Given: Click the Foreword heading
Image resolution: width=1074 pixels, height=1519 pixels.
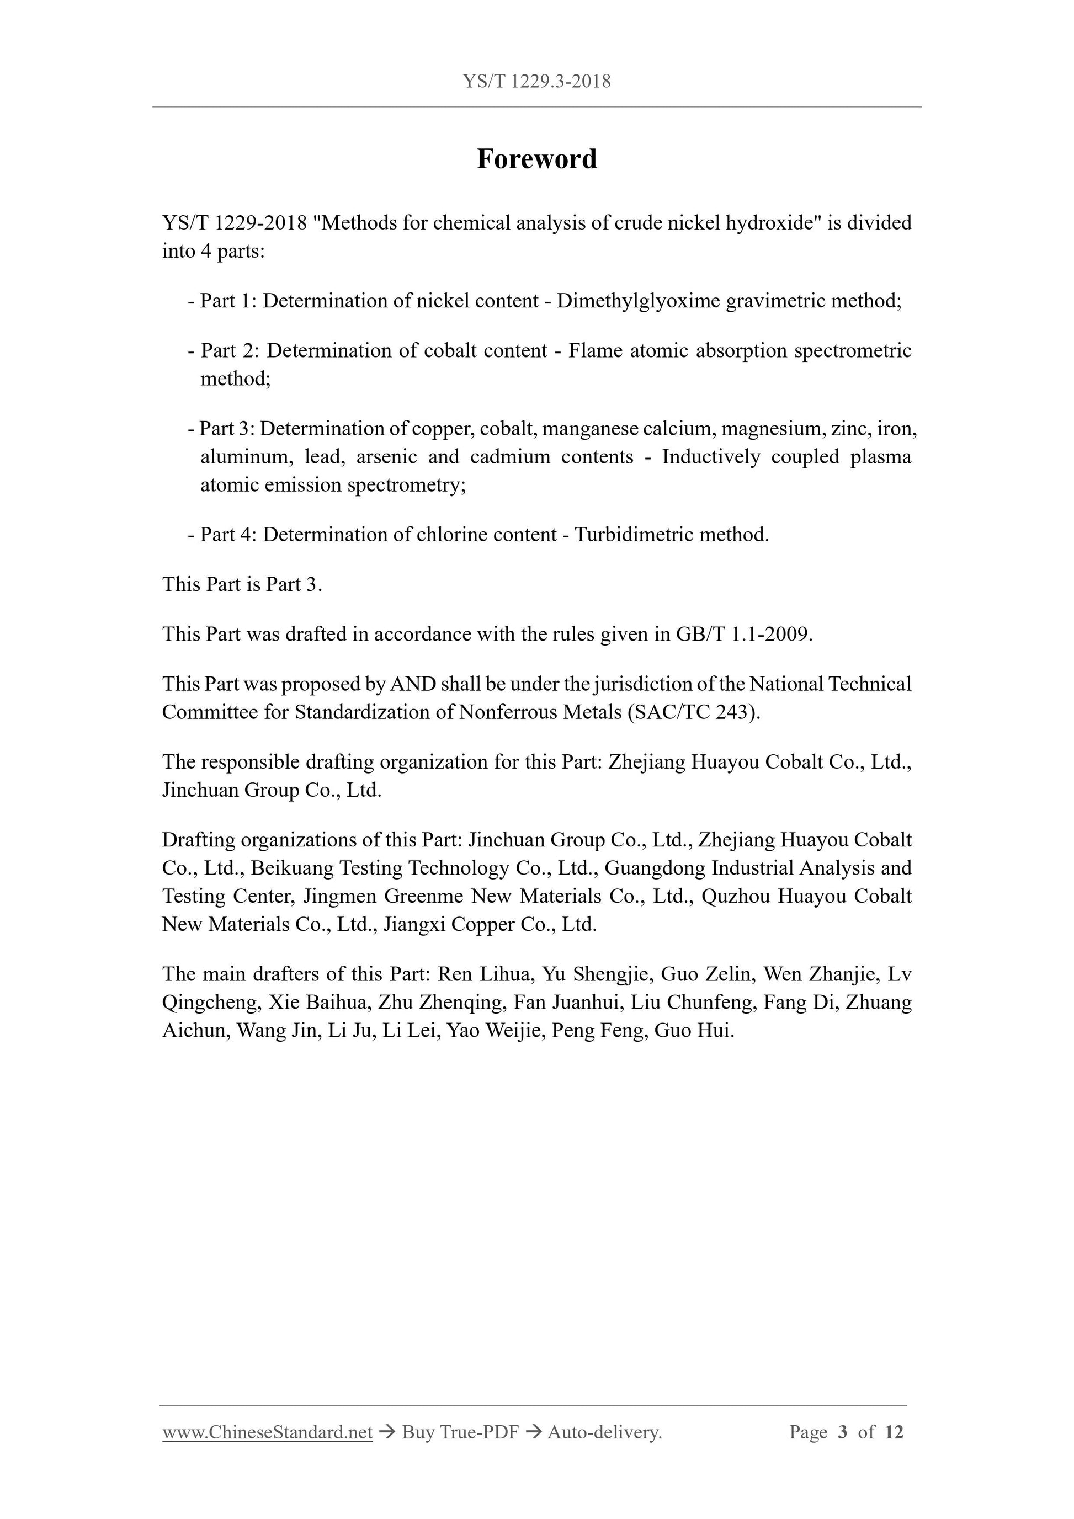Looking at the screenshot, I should coord(536,159).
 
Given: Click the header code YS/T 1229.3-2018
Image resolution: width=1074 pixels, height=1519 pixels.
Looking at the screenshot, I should coord(536,81).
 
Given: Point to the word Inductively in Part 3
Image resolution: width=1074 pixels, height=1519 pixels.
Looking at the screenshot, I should coord(711,456).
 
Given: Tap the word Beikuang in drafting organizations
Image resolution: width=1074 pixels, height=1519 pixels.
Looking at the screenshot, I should coord(291,868).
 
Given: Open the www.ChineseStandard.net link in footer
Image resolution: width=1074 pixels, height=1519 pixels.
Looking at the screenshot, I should coord(267,1432).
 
